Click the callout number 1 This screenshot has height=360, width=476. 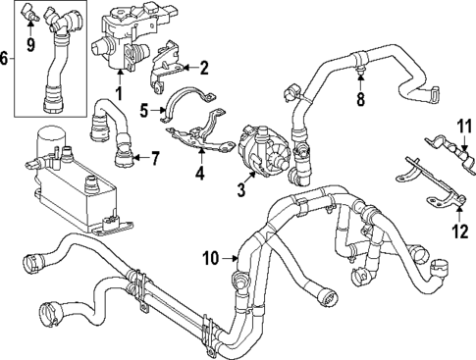pos(120,93)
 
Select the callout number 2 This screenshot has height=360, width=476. pos(204,68)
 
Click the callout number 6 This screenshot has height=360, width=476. pos(7,58)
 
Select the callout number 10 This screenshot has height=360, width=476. pos(210,258)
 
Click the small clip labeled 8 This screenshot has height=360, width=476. pos(361,72)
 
